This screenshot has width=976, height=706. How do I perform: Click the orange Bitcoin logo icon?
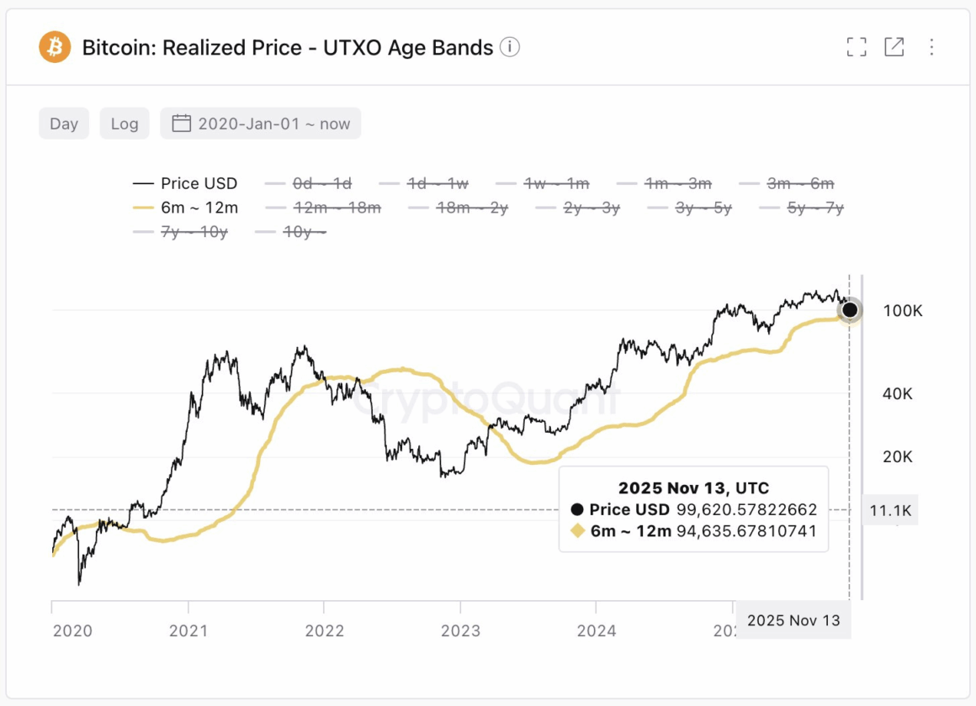click(x=56, y=47)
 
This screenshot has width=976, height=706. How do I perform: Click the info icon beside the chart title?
click(x=509, y=47)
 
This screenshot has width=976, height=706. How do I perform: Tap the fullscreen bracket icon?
click(x=857, y=47)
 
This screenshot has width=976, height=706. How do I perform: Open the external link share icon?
click(x=894, y=47)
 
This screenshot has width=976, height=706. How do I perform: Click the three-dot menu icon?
click(x=931, y=47)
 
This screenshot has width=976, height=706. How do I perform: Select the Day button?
click(x=64, y=124)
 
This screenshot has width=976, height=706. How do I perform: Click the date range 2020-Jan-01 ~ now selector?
click(x=261, y=124)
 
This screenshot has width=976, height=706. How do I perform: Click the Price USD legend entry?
click(x=185, y=183)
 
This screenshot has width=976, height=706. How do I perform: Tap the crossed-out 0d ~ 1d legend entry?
click(x=308, y=183)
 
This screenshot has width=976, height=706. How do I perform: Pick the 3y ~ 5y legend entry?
click(x=689, y=208)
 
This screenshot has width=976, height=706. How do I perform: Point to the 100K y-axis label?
click(x=902, y=311)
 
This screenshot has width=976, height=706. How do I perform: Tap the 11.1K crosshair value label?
click(x=891, y=510)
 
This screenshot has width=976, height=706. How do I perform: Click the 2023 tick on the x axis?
click(x=459, y=630)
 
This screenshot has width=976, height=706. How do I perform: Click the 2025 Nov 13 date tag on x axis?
click(x=793, y=620)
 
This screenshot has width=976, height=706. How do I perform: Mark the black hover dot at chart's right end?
click(x=850, y=310)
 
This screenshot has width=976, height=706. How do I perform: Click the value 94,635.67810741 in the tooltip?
click(x=746, y=531)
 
